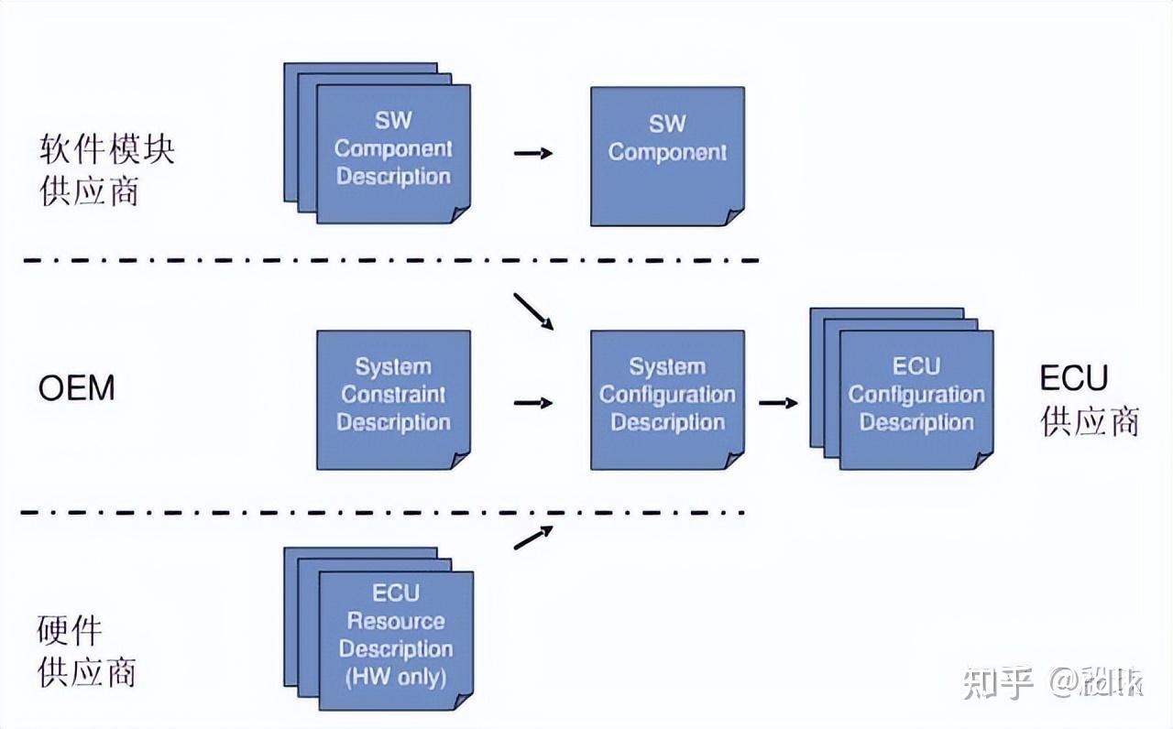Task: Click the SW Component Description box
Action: pyautogui.click(x=393, y=152)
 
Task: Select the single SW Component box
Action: pyautogui.click(x=667, y=156)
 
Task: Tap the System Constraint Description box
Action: pyautogui.click(x=393, y=399)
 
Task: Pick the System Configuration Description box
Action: pyautogui.click(x=667, y=399)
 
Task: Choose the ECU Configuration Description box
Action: pyautogui.click(x=915, y=399)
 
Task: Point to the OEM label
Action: pyautogui.click(x=77, y=388)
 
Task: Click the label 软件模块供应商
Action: pyautogui.click(x=106, y=170)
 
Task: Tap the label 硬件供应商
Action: pyautogui.click(x=86, y=652)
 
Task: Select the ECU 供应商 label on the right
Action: pyautogui.click(x=1090, y=399)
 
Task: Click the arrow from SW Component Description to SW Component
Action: pyautogui.click(x=532, y=153)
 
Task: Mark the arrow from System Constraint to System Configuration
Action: pyautogui.click(x=532, y=402)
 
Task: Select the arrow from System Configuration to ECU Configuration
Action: pyautogui.click(x=777, y=402)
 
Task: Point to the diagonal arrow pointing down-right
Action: pyautogui.click(x=534, y=311)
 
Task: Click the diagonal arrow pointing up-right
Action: pyautogui.click(x=534, y=538)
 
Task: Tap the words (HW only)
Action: pyautogui.click(x=396, y=678)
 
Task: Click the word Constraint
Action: pyautogui.click(x=393, y=395)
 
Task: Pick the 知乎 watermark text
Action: pyautogui.click(x=999, y=683)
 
